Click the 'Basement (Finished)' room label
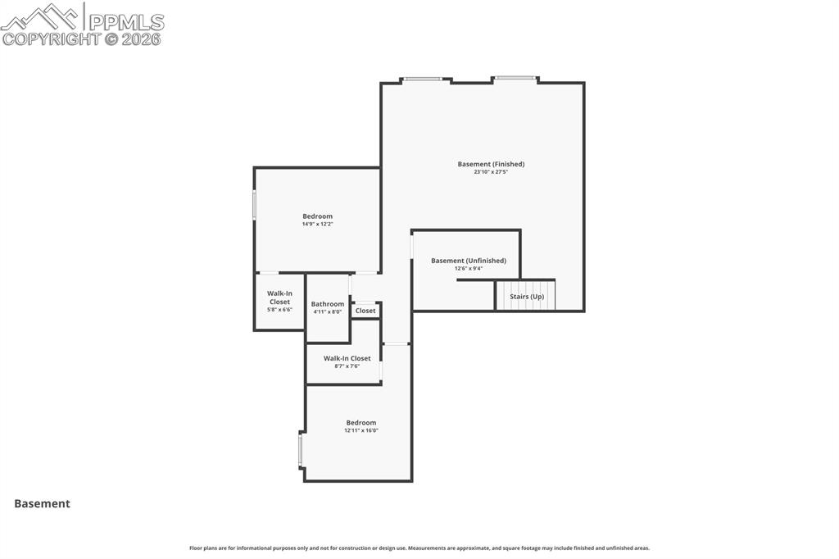coord(491,164)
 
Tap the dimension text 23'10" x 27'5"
coord(491,172)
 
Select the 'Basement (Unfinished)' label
coord(469,261)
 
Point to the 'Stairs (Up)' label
coord(527,297)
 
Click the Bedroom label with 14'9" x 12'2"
coord(317,216)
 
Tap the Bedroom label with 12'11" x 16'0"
coord(361,423)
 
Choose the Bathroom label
coord(328,304)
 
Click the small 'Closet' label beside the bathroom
coord(365,311)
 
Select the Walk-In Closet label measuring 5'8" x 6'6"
coord(279,298)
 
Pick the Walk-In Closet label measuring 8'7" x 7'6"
coord(347,358)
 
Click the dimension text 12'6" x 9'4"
coord(469,268)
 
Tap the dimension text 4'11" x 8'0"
coord(328,312)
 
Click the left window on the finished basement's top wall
coord(424,80)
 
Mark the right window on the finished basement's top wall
coord(515,79)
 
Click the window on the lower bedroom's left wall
coord(301,450)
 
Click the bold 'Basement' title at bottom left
coord(42,504)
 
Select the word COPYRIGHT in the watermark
coord(51,39)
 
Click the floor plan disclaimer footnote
coord(419,548)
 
